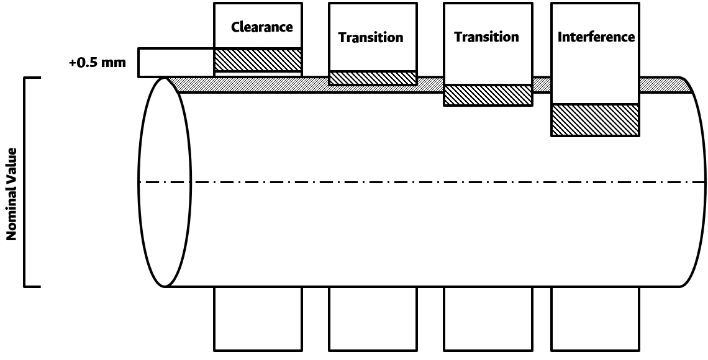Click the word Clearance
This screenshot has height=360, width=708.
(261, 27)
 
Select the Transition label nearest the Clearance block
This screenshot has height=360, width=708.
(371, 37)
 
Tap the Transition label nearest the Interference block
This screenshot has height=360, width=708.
(486, 37)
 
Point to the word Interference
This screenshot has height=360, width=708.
(596, 37)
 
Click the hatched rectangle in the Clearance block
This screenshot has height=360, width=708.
(258, 60)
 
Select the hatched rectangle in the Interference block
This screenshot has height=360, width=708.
(595, 120)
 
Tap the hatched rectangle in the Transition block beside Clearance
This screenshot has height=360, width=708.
(372, 78)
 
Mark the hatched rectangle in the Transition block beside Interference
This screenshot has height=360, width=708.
(488, 95)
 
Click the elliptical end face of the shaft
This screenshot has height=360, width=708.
(163, 182)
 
